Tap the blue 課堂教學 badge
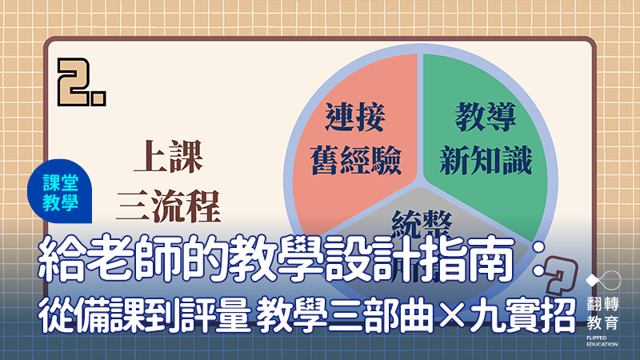pos(64,191)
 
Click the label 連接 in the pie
pos(355,119)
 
